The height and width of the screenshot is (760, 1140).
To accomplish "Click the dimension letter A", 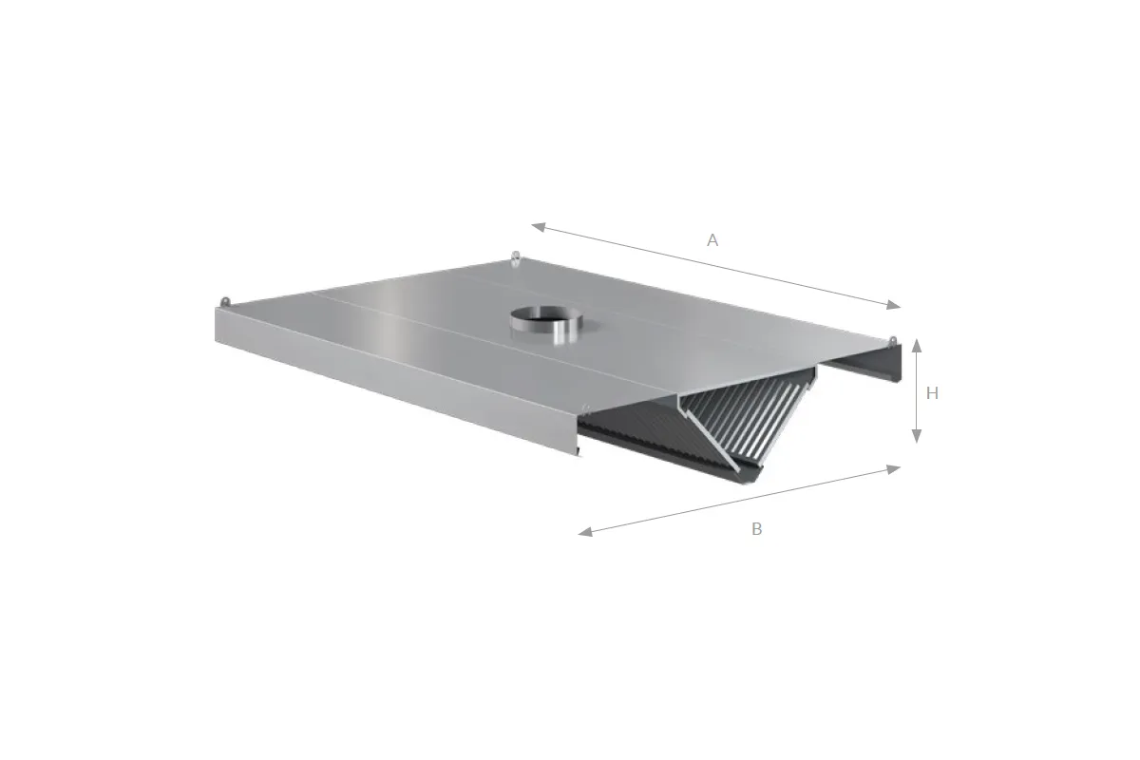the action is click(x=712, y=240).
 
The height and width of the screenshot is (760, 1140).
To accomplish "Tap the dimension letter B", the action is click(x=757, y=529).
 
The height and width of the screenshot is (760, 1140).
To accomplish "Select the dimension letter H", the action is click(x=932, y=393).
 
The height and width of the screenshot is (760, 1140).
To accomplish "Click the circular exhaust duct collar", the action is click(x=546, y=323).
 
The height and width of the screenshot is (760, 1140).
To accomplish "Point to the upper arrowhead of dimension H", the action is click(x=917, y=346).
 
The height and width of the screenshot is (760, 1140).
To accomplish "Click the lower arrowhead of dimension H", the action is click(x=917, y=436).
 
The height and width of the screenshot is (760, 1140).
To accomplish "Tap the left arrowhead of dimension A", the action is click(x=539, y=227).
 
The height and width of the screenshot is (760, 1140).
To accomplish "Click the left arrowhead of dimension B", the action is click(x=585, y=532).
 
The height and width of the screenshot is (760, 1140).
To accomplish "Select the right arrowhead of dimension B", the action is click(x=893, y=469).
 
